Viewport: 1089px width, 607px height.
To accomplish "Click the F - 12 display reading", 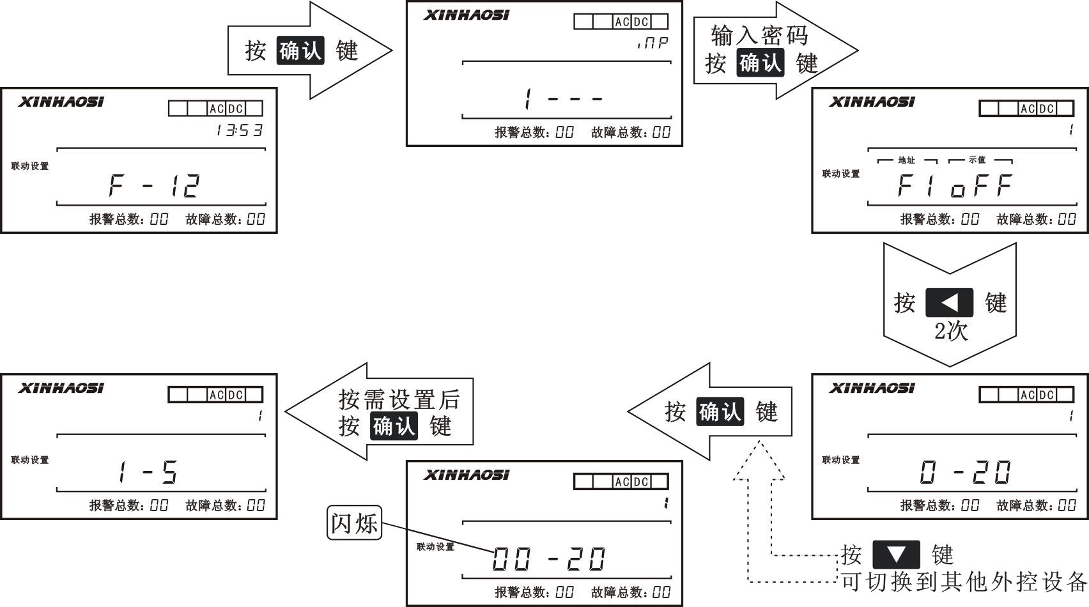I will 154,185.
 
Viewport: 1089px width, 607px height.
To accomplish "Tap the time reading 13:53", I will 239,131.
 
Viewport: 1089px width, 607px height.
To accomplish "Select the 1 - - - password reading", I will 563,98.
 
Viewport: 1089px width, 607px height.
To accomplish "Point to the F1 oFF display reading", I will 955,186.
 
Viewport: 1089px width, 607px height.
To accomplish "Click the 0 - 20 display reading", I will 966,473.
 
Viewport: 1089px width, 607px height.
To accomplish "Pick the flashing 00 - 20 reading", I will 549,560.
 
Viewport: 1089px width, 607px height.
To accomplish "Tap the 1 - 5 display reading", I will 148,473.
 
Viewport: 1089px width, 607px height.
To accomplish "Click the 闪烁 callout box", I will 354,523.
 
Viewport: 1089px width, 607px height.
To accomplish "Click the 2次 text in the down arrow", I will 951,332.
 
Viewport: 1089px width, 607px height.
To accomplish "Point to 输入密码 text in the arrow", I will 759,36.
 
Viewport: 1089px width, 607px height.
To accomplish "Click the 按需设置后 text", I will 399,401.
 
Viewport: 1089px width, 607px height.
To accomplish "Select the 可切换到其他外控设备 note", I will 964,581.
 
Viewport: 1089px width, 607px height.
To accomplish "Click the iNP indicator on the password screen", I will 653,43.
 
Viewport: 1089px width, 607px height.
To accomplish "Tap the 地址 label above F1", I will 906,160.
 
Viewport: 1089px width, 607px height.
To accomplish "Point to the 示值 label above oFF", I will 977,160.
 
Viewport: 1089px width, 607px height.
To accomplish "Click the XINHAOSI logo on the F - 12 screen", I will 61,102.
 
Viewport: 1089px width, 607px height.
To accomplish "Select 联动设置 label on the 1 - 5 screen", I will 30,460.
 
